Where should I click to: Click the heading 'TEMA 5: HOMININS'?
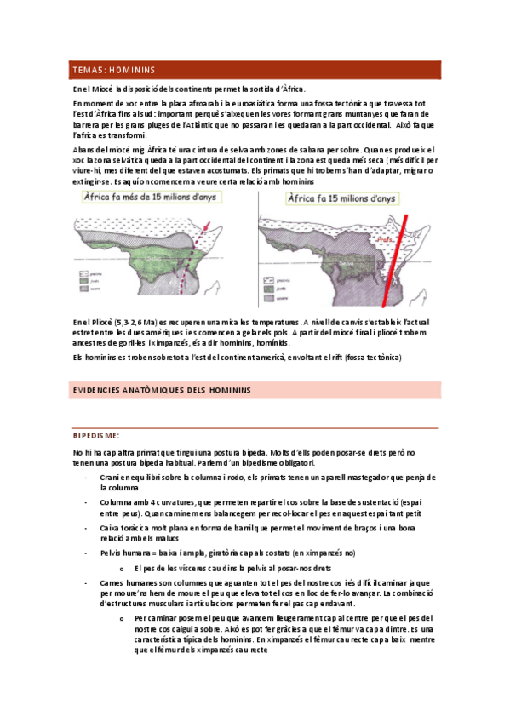click(x=119, y=70)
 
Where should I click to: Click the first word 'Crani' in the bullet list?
click(x=110, y=477)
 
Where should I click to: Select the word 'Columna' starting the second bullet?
click(x=117, y=502)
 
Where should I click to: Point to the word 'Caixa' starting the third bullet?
click(x=111, y=529)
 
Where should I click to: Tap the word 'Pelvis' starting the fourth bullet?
click(x=112, y=553)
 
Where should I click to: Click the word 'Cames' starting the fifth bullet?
click(x=112, y=582)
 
